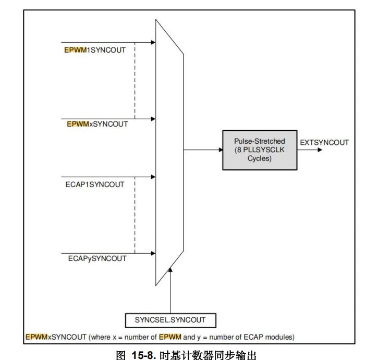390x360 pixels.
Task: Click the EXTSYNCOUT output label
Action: click(325, 142)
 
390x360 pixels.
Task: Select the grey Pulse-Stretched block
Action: click(260, 150)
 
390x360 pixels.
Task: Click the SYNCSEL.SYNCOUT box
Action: click(170, 319)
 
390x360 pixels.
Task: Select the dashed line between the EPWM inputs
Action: click(135, 80)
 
